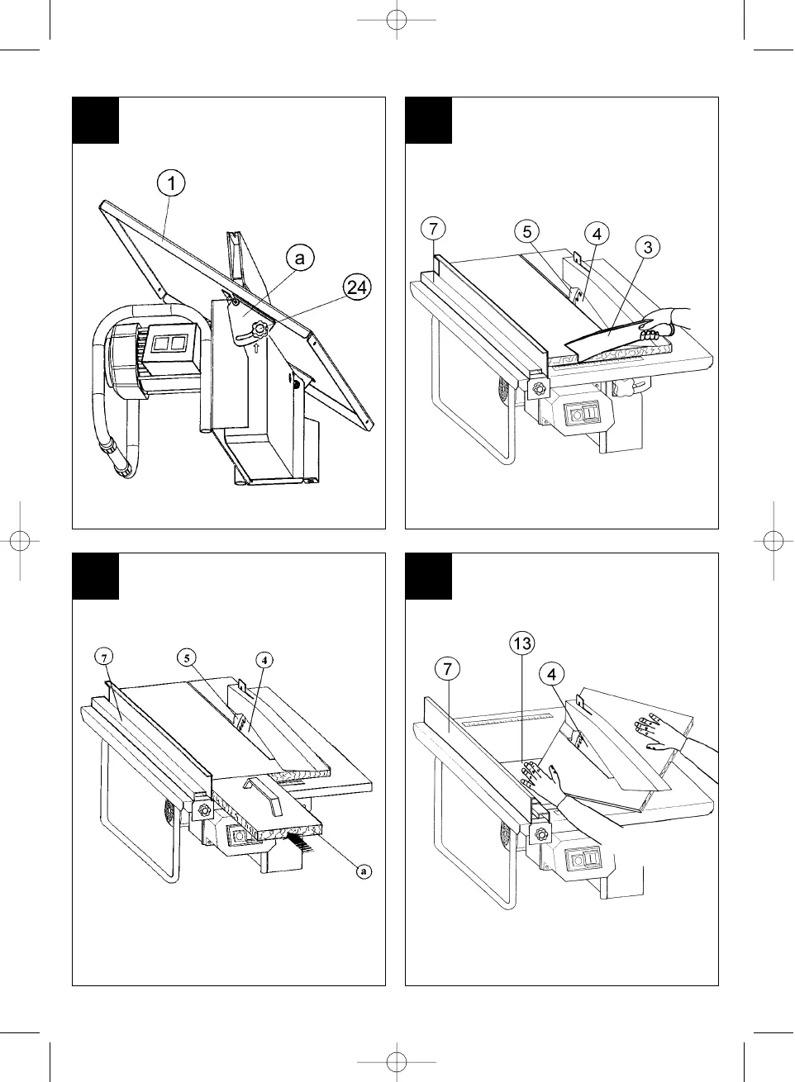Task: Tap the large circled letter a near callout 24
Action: [300, 258]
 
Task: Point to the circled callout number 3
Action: [650, 247]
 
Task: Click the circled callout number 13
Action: [522, 643]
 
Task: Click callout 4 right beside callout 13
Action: [551, 675]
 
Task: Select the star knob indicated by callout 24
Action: [261, 329]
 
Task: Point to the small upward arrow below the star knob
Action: [256, 349]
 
